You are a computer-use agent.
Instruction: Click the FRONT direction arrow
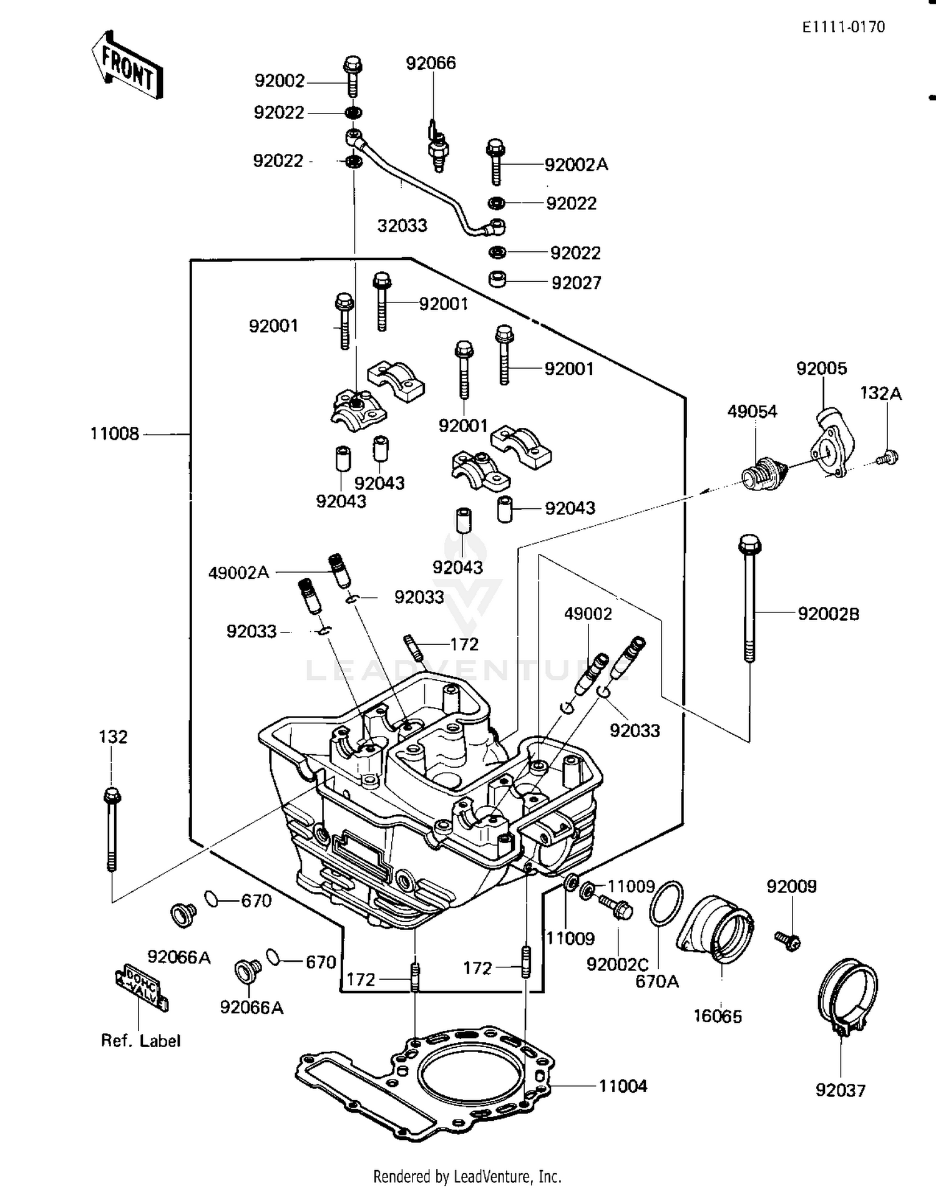(x=128, y=67)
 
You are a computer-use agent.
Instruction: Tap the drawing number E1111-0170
(x=843, y=27)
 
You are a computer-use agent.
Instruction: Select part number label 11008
(x=115, y=433)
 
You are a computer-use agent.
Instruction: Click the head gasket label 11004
(x=622, y=1086)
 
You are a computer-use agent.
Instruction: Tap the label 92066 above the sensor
(x=431, y=63)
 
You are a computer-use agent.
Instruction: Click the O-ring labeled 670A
(x=666, y=904)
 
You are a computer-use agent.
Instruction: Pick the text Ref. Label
(x=140, y=1040)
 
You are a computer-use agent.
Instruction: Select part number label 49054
(x=752, y=411)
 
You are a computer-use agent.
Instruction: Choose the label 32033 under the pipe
(x=402, y=225)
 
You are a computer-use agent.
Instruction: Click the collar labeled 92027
(x=497, y=278)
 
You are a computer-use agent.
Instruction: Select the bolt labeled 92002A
(x=495, y=162)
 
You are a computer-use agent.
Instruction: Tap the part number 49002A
(x=238, y=573)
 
